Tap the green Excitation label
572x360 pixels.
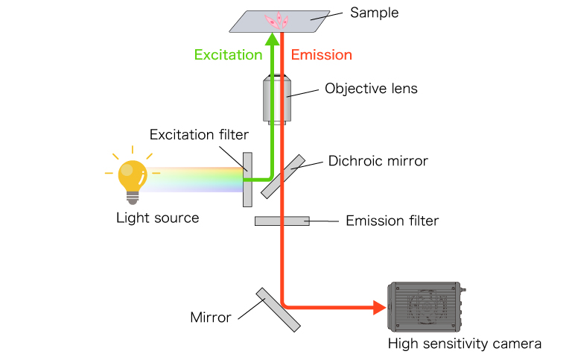[x=228, y=55]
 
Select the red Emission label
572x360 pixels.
[x=321, y=55]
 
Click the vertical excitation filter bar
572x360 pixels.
[x=247, y=179]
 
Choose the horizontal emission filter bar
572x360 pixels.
[x=282, y=221]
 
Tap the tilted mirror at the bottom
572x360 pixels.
[x=278, y=309]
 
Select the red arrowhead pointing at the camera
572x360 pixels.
[x=378, y=306]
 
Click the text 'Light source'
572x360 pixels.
[x=158, y=218]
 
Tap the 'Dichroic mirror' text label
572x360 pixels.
[x=378, y=160]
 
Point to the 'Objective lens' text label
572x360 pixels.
[x=371, y=89]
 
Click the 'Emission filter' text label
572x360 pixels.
[x=392, y=221]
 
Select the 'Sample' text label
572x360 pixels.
[x=374, y=13]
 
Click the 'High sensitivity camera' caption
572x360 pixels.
[x=464, y=344]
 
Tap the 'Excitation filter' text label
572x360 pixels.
[x=199, y=135]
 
